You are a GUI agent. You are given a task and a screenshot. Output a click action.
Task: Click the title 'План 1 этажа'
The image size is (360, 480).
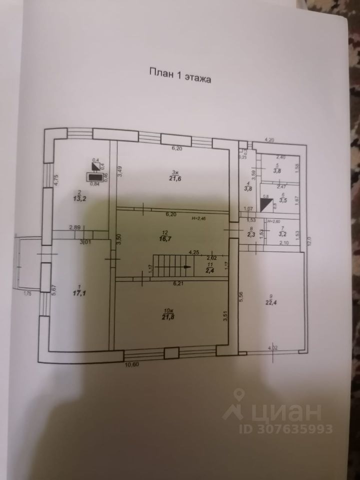click(x=180, y=78)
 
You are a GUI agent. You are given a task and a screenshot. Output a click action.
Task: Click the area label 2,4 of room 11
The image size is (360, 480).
click(x=210, y=270)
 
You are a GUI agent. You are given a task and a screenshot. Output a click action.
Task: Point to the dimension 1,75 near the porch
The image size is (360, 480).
click(x=27, y=294)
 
